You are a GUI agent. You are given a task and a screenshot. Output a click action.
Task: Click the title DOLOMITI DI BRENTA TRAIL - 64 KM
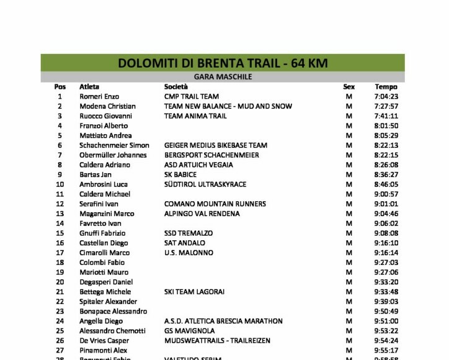point(223,63)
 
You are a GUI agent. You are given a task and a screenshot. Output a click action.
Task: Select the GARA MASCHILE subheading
point(223,77)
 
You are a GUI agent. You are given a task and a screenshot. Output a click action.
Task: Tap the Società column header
point(176,87)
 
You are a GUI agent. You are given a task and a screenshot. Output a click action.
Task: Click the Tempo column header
point(386,87)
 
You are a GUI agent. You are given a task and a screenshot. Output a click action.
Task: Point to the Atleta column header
point(89,87)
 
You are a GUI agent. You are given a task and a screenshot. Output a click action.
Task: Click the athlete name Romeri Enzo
point(98,97)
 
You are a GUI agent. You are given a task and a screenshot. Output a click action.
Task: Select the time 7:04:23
point(386,97)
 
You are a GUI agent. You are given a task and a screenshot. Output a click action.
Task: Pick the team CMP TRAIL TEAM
point(192,97)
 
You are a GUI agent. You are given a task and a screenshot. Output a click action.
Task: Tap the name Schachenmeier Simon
point(114,145)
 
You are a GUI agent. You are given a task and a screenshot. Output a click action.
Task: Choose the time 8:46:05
point(386,184)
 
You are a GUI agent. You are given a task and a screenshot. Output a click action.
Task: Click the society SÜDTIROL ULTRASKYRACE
point(205,184)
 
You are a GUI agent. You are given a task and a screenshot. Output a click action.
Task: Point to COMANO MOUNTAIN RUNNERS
point(215,204)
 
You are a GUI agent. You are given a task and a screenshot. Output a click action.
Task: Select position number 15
point(60,233)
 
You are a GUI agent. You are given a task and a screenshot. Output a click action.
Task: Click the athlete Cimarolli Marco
point(104,253)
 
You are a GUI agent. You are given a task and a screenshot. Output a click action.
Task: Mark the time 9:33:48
point(386,292)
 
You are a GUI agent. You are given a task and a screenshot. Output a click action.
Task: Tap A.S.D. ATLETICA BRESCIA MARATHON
point(223,321)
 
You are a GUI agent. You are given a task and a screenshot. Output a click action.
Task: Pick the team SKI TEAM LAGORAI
point(195,292)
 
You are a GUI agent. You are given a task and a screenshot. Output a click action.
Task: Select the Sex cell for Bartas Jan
point(349,174)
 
